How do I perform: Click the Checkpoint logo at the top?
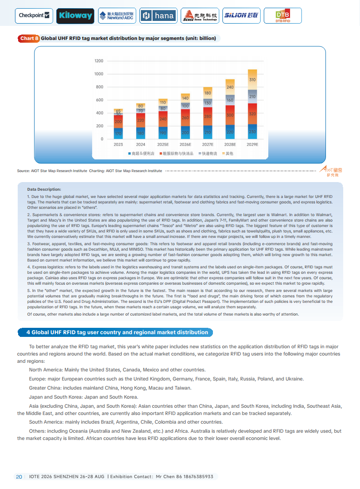34,15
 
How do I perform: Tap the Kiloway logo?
75,16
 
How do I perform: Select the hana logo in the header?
158,16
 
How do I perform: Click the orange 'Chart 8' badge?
29,39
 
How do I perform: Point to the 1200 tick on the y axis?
99,61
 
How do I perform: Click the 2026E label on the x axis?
185,144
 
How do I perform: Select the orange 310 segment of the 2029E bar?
252,79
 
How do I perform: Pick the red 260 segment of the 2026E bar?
185,118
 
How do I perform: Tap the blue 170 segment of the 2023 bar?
118,133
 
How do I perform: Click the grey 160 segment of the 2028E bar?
230,100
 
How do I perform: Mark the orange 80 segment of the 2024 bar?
141,106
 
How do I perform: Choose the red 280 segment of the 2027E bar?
207,116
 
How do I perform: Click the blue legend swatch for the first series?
129,154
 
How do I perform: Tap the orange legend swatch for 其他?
223,154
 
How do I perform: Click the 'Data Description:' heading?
44,189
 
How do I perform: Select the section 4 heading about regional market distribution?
117,332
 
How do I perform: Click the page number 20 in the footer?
19,476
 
